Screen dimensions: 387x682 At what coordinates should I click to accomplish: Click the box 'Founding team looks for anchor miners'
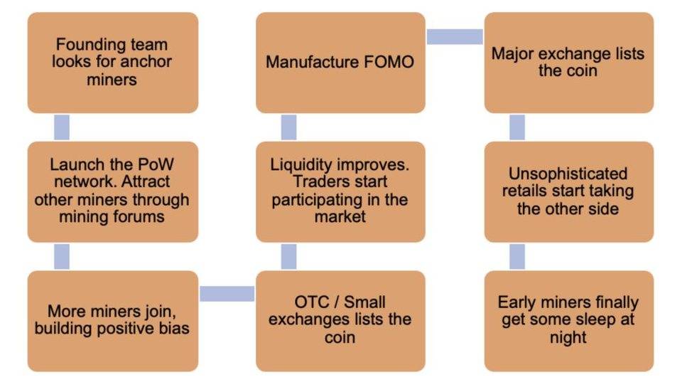tap(113, 63)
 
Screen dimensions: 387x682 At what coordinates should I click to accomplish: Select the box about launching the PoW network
tap(113, 191)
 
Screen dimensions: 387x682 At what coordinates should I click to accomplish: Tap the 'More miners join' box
tap(113, 320)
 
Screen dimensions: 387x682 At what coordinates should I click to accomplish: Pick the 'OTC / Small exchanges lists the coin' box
tap(341, 320)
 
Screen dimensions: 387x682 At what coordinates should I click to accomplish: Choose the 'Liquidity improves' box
tap(341, 191)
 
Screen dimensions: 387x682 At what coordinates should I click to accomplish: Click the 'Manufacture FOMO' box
tap(341, 63)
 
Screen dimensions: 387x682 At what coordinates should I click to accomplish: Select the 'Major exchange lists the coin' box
tap(568, 63)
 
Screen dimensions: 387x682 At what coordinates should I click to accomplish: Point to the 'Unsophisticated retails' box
tap(568, 191)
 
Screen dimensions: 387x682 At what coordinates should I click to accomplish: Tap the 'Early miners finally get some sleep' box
tap(568, 320)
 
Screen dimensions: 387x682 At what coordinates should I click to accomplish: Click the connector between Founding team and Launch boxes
tap(63, 127)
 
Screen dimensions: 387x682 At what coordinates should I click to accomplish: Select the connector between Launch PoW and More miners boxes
tap(63, 256)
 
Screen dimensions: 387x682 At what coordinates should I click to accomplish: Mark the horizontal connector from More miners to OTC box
tap(227, 293)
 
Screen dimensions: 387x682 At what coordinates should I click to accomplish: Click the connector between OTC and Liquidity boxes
tap(288, 256)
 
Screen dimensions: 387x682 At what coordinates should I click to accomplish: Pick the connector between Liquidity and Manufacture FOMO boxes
tap(288, 127)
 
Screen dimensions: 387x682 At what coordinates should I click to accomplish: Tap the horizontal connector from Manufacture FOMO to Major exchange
tap(455, 36)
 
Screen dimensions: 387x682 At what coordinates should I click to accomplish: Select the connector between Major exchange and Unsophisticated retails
tap(517, 127)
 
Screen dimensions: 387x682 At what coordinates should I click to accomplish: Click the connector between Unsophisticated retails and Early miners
tap(517, 256)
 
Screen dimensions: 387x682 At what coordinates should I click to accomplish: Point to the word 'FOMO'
tap(389, 63)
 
